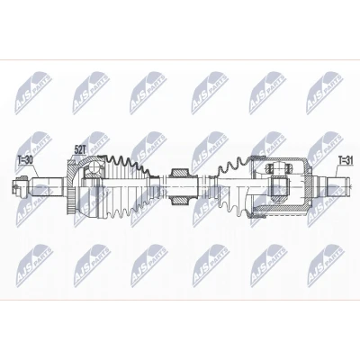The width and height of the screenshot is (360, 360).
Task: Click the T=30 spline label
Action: (25, 160)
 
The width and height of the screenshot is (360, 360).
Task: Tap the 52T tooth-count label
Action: (80, 150)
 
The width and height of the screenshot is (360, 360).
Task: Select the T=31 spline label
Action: (346, 159)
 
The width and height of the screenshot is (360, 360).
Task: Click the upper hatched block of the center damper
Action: (180, 173)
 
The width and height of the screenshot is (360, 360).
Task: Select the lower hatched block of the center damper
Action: (180, 201)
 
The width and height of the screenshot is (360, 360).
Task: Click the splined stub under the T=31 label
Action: (338, 186)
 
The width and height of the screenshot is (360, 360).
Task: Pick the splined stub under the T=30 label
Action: (48, 186)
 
